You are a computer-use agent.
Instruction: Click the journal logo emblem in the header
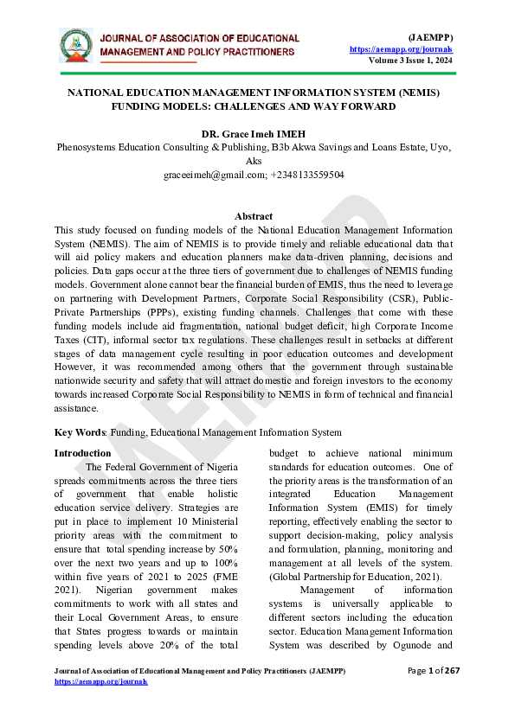coord(75,45)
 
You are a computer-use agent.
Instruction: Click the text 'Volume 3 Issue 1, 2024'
coord(410,61)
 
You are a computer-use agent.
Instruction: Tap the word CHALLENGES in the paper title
coord(274,106)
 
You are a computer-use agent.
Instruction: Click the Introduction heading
coord(83,453)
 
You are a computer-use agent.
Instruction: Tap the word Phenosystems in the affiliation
coord(90,148)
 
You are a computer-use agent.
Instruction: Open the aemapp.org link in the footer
coord(100,682)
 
